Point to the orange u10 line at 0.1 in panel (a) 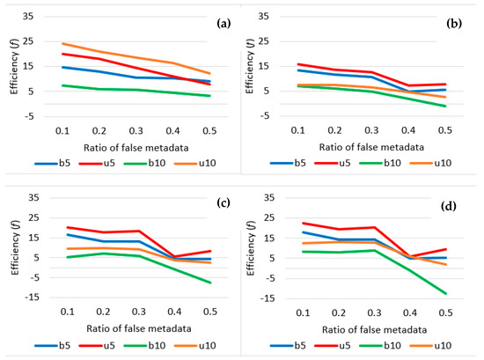pyautogui.click(x=62, y=43)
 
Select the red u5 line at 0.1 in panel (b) pyautogui.click(x=303, y=63)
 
